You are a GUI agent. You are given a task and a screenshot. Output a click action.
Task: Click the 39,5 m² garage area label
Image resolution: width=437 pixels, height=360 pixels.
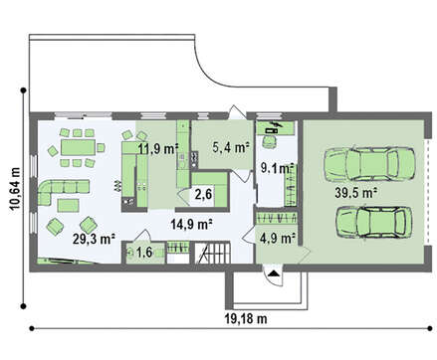pyautogui.click(x=355, y=193)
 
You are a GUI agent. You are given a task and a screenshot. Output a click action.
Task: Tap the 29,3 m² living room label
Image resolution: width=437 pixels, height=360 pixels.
pyautogui.click(x=94, y=239)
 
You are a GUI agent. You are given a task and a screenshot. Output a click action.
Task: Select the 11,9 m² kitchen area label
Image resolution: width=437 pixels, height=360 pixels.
pyautogui.click(x=158, y=149)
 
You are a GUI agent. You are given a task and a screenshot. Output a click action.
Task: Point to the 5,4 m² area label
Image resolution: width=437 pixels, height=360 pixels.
pyautogui.click(x=231, y=147)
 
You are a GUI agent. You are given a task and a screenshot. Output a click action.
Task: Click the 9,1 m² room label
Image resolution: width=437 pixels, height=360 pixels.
pyautogui.click(x=277, y=168)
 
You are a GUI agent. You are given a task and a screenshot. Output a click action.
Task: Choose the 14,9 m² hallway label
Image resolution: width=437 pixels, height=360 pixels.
pyautogui.click(x=191, y=225)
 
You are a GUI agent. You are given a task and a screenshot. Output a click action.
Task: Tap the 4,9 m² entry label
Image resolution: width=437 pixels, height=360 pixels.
pyautogui.click(x=278, y=238)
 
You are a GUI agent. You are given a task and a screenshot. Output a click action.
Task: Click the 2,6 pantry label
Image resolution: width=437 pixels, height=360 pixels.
pyautogui.click(x=203, y=194)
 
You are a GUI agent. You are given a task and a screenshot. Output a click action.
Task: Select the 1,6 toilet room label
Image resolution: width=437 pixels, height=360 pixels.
pyautogui.click(x=144, y=253)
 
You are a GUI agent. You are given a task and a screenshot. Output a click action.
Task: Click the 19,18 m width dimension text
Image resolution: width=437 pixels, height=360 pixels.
pyautogui.click(x=246, y=319)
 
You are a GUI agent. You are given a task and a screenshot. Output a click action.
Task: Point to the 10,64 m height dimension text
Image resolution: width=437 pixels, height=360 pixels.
pyautogui.click(x=16, y=189)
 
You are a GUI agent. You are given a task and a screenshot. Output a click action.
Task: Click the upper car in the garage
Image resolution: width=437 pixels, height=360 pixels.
pyautogui.click(x=369, y=164)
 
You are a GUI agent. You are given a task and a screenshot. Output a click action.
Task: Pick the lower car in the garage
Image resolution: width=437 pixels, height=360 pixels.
pyautogui.click(x=374, y=222)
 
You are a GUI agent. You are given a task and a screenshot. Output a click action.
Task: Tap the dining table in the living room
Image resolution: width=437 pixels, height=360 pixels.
pyautogui.click(x=78, y=147)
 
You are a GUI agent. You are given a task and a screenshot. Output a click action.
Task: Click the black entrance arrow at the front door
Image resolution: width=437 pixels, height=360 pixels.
pyautogui.click(x=274, y=273)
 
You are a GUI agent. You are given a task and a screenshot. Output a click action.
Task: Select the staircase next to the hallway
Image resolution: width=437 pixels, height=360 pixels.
pyautogui.click(x=212, y=253)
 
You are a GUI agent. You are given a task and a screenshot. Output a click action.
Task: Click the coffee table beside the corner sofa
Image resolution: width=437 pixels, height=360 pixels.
pyautogui.click(x=68, y=206)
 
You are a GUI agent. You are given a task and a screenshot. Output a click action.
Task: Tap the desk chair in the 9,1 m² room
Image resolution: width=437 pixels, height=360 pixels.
pyautogui.click(x=269, y=141)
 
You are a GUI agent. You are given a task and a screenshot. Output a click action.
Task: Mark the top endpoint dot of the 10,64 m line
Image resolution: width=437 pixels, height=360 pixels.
pyautogui.click(x=23, y=90)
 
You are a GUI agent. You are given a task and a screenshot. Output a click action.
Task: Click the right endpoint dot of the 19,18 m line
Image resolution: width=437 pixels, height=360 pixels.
pyautogui.click(x=430, y=328)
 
